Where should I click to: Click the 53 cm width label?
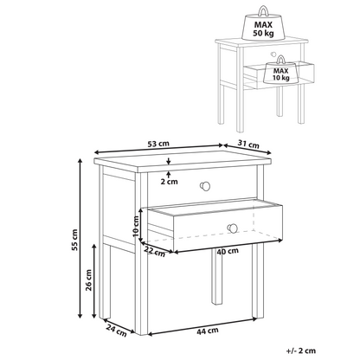coord(158,144)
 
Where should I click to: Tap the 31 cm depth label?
coord(248,144)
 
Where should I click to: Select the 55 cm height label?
coord(74,240)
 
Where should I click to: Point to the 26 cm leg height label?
coord(88,280)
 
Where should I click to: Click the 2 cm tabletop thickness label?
coord(169,182)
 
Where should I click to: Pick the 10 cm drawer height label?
coord(136,227)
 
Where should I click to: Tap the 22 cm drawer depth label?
coord(155,252)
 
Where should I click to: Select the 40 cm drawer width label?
coord(228,251)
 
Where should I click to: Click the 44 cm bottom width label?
coord(208,331)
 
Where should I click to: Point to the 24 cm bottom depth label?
coord(116,331)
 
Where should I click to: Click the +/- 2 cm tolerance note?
coord(301,350)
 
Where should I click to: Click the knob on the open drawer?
coord(232,228)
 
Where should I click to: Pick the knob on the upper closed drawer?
coord(205,186)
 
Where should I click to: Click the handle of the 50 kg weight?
coord(263,11)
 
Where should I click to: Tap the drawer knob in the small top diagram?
coord(273,54)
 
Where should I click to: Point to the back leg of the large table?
coord(217,276)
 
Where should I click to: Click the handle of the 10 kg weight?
coord(280,60)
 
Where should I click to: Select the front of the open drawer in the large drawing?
coord(228,228)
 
